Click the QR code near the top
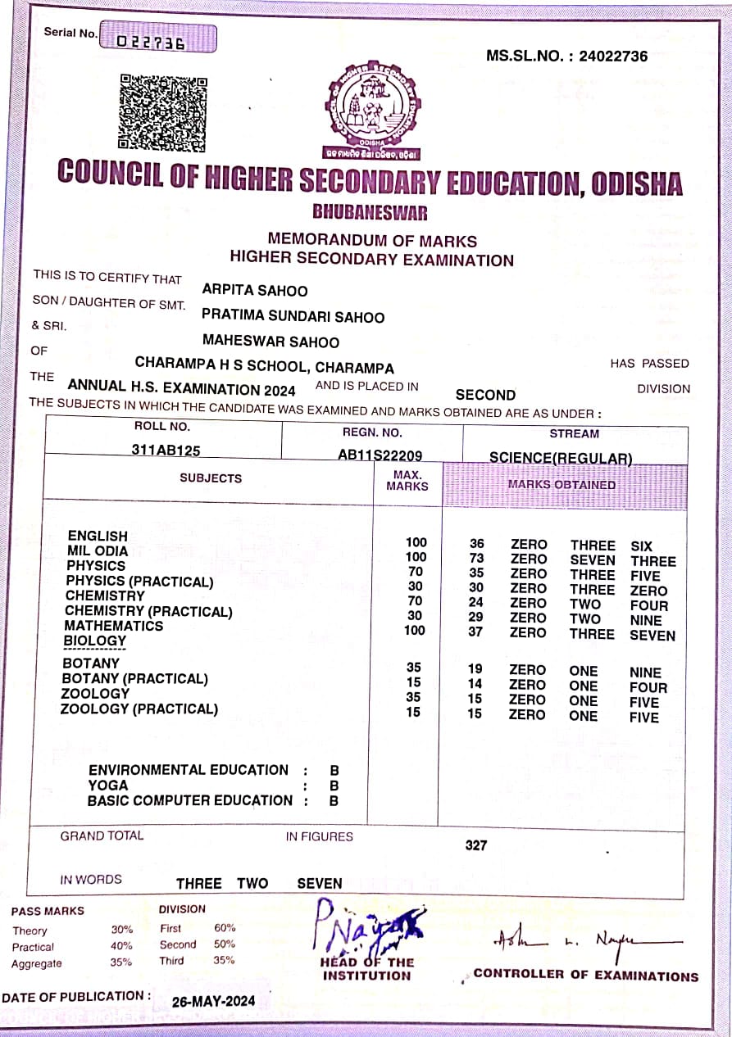pos(162,112)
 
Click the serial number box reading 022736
pos(158,38)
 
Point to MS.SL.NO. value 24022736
pos(613,57)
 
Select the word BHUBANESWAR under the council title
pos(370,213)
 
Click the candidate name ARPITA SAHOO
pos(255,291)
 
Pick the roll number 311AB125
pos(166,450)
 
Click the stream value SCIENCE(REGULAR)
pos(561,458)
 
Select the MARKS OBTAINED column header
pos(562,484)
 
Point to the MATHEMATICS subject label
pos(114,626)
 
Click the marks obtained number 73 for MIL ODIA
pos(476,559)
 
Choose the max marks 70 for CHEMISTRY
pos(415,602)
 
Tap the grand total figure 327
pos(476,845)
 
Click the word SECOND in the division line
pos(485,395)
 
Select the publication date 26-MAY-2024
pos(213,1001)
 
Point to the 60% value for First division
pos(225,928)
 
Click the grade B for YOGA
pos(334,786)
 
